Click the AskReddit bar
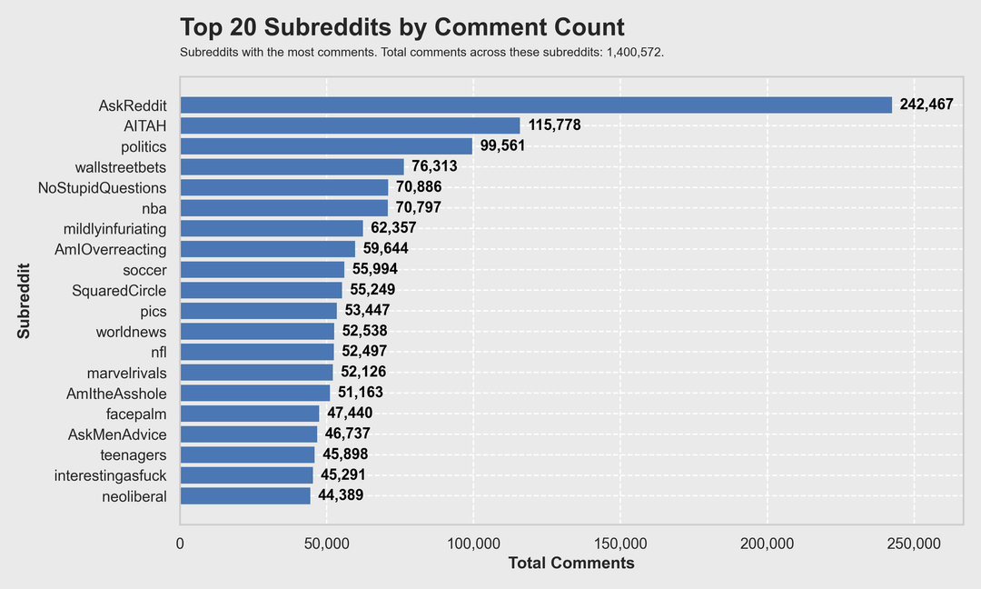[x=536, y=105]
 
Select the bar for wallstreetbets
[x=292, y=166]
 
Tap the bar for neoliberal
[x=245, y=495]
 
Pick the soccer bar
[x=263, y=269]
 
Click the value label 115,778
[x=554, y=125]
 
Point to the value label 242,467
[x=926, y=105]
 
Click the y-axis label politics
[x=144, y=146]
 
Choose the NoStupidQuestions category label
[x=103, y=187]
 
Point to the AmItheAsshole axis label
[x=116, y=393]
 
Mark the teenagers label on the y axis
[x=134, y=454]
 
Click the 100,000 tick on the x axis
[x=473, y=544]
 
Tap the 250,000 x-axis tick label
[x=914, y=544]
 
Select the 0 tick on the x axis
[x=180, y=544]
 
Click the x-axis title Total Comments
[x=571, y=564]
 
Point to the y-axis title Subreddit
[x=24, y=301]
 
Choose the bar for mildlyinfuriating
[x=272, y=228]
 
